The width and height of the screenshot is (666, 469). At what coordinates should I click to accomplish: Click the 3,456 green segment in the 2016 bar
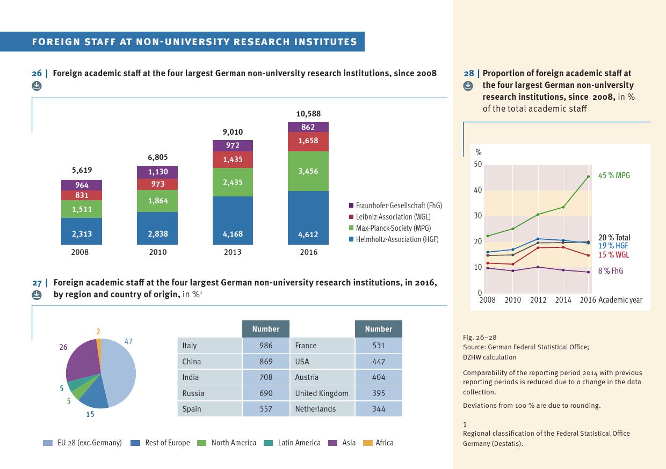point(308,171)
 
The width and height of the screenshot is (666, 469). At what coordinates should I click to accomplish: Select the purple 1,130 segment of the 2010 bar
point(157,172)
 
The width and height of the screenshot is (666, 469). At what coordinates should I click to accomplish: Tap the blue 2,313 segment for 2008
point(82,234)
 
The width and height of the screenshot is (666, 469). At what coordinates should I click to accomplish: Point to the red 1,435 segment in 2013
point(233,159)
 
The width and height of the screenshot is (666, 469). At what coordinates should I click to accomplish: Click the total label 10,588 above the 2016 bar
point(308,114)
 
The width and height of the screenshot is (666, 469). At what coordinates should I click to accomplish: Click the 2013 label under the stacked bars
point(233,252)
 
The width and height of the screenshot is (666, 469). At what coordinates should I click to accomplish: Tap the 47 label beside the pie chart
point(128,341)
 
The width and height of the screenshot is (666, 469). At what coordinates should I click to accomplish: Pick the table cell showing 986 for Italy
point(265,346)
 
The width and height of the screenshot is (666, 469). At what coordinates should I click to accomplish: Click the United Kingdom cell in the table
point(321,393)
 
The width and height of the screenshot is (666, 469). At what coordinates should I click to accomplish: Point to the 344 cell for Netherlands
point(378,409)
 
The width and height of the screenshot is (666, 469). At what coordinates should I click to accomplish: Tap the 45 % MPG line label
point(614,175)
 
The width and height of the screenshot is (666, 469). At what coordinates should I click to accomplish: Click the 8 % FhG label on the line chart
point(611,271)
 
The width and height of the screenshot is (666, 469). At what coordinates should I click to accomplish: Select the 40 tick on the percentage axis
point(477,190)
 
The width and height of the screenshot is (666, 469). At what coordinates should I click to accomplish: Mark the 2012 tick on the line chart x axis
point(538,300)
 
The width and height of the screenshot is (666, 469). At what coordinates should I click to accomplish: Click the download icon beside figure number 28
point(468,85)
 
